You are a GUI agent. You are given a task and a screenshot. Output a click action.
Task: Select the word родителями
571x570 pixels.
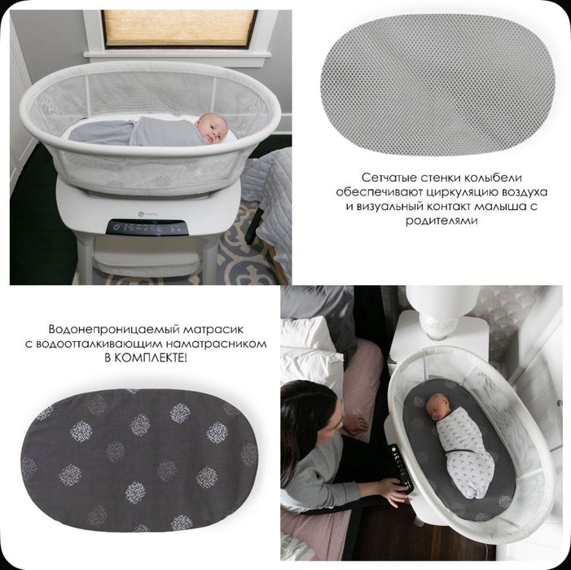[441, 221]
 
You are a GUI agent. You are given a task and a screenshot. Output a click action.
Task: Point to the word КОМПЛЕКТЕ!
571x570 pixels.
[152, 357]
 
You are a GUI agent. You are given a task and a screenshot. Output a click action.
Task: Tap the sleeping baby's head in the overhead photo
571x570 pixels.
[437, 406]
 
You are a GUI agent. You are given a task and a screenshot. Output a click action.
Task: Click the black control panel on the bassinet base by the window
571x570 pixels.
[147, 228]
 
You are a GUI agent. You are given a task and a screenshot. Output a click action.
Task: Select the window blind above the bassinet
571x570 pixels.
[179, 28]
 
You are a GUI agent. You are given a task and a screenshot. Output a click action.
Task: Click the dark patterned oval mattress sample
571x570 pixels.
[139, 460]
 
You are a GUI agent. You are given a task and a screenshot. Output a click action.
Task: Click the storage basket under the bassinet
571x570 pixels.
[147, 261]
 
